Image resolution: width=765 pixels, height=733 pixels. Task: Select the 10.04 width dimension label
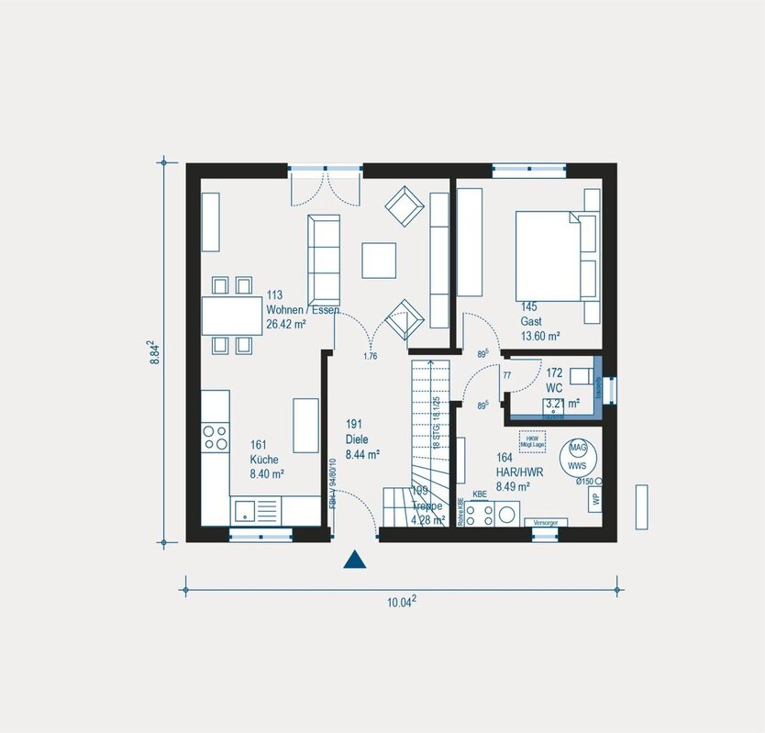click(x=401, y=602)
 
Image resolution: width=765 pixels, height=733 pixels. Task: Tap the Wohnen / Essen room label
click(x=303, y=310)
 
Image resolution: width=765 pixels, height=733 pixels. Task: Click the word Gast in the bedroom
click(x=531, y=322)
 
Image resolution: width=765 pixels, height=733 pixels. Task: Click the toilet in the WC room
click(x=581, y=375)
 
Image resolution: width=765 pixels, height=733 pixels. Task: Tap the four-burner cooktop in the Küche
click(x=216, y=437)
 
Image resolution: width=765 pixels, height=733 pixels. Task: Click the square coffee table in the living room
click(x=379, y=260)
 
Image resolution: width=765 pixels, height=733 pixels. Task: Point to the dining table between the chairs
click(x=231, y=317)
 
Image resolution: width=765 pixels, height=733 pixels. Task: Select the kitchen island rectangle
click(x=305, y=425)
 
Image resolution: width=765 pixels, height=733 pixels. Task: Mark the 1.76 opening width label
click(x=371, y=356)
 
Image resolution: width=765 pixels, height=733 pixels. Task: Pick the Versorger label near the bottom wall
click(x=545, y=522)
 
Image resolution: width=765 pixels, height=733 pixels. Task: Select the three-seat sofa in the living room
click(x=324, y=260)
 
